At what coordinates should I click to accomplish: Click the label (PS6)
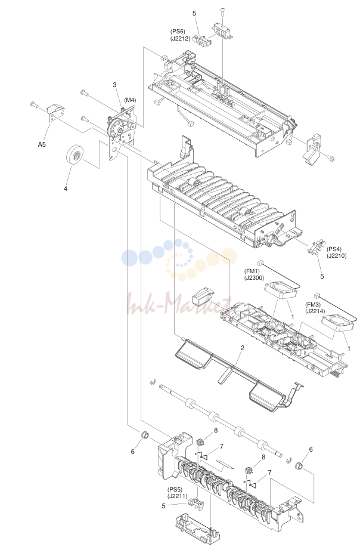coord(178,32)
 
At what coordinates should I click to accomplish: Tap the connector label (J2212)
coord(181,39)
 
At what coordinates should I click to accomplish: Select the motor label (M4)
coord(130,100)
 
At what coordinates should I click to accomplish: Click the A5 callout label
coord(42,144)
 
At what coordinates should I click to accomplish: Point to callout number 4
coord(65,189)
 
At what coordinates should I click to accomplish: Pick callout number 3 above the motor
coord(114,85)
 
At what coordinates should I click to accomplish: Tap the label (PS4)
coord(334,249)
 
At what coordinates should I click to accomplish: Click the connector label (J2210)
coord(337,256)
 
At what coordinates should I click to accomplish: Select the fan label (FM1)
coord(252,271)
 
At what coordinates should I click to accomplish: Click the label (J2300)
coord(255,278)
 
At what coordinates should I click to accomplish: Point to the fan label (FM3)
coord(313,304)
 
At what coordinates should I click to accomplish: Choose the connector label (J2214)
coord(315,311)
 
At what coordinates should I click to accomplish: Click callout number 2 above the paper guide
coord(243,348)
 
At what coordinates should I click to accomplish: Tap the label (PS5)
coord(175,489)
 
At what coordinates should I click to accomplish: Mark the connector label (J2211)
coord(178,496)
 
